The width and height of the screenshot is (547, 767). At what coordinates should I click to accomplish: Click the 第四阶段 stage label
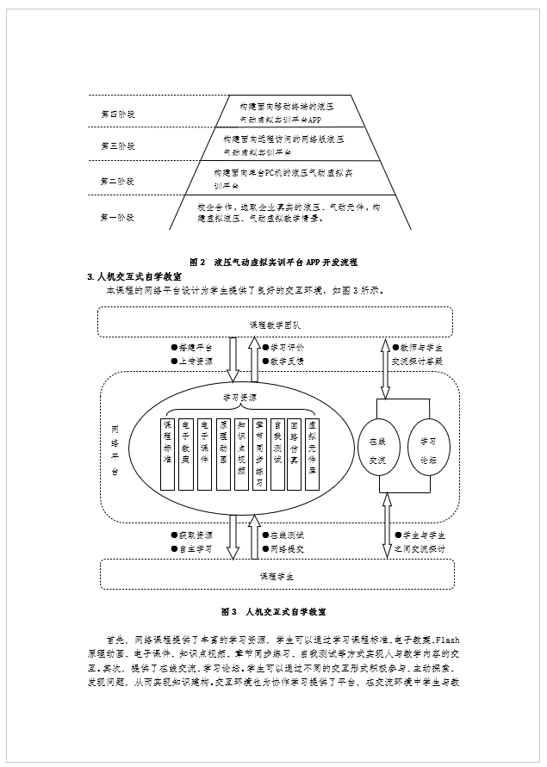[x=117, y=113]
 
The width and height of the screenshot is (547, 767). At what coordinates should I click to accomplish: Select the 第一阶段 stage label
[x=117, y=217]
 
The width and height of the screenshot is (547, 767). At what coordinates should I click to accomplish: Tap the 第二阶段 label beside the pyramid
[x=117, y=181]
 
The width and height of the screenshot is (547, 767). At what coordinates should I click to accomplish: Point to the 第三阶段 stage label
[x=117, y=146]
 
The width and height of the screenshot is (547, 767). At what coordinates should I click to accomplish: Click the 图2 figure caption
[x=273, y=261]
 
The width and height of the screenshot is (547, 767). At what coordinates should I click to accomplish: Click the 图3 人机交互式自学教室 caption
[x=273, y=611]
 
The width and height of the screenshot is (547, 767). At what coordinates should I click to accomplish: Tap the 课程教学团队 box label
[x=272, y=325]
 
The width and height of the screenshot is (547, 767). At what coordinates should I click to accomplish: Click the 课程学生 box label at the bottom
[x=272, y=575]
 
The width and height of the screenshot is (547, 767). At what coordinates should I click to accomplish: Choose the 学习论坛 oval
[x=428, y=447]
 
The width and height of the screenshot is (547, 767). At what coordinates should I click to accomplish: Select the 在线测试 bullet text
[x=286, y=535]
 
